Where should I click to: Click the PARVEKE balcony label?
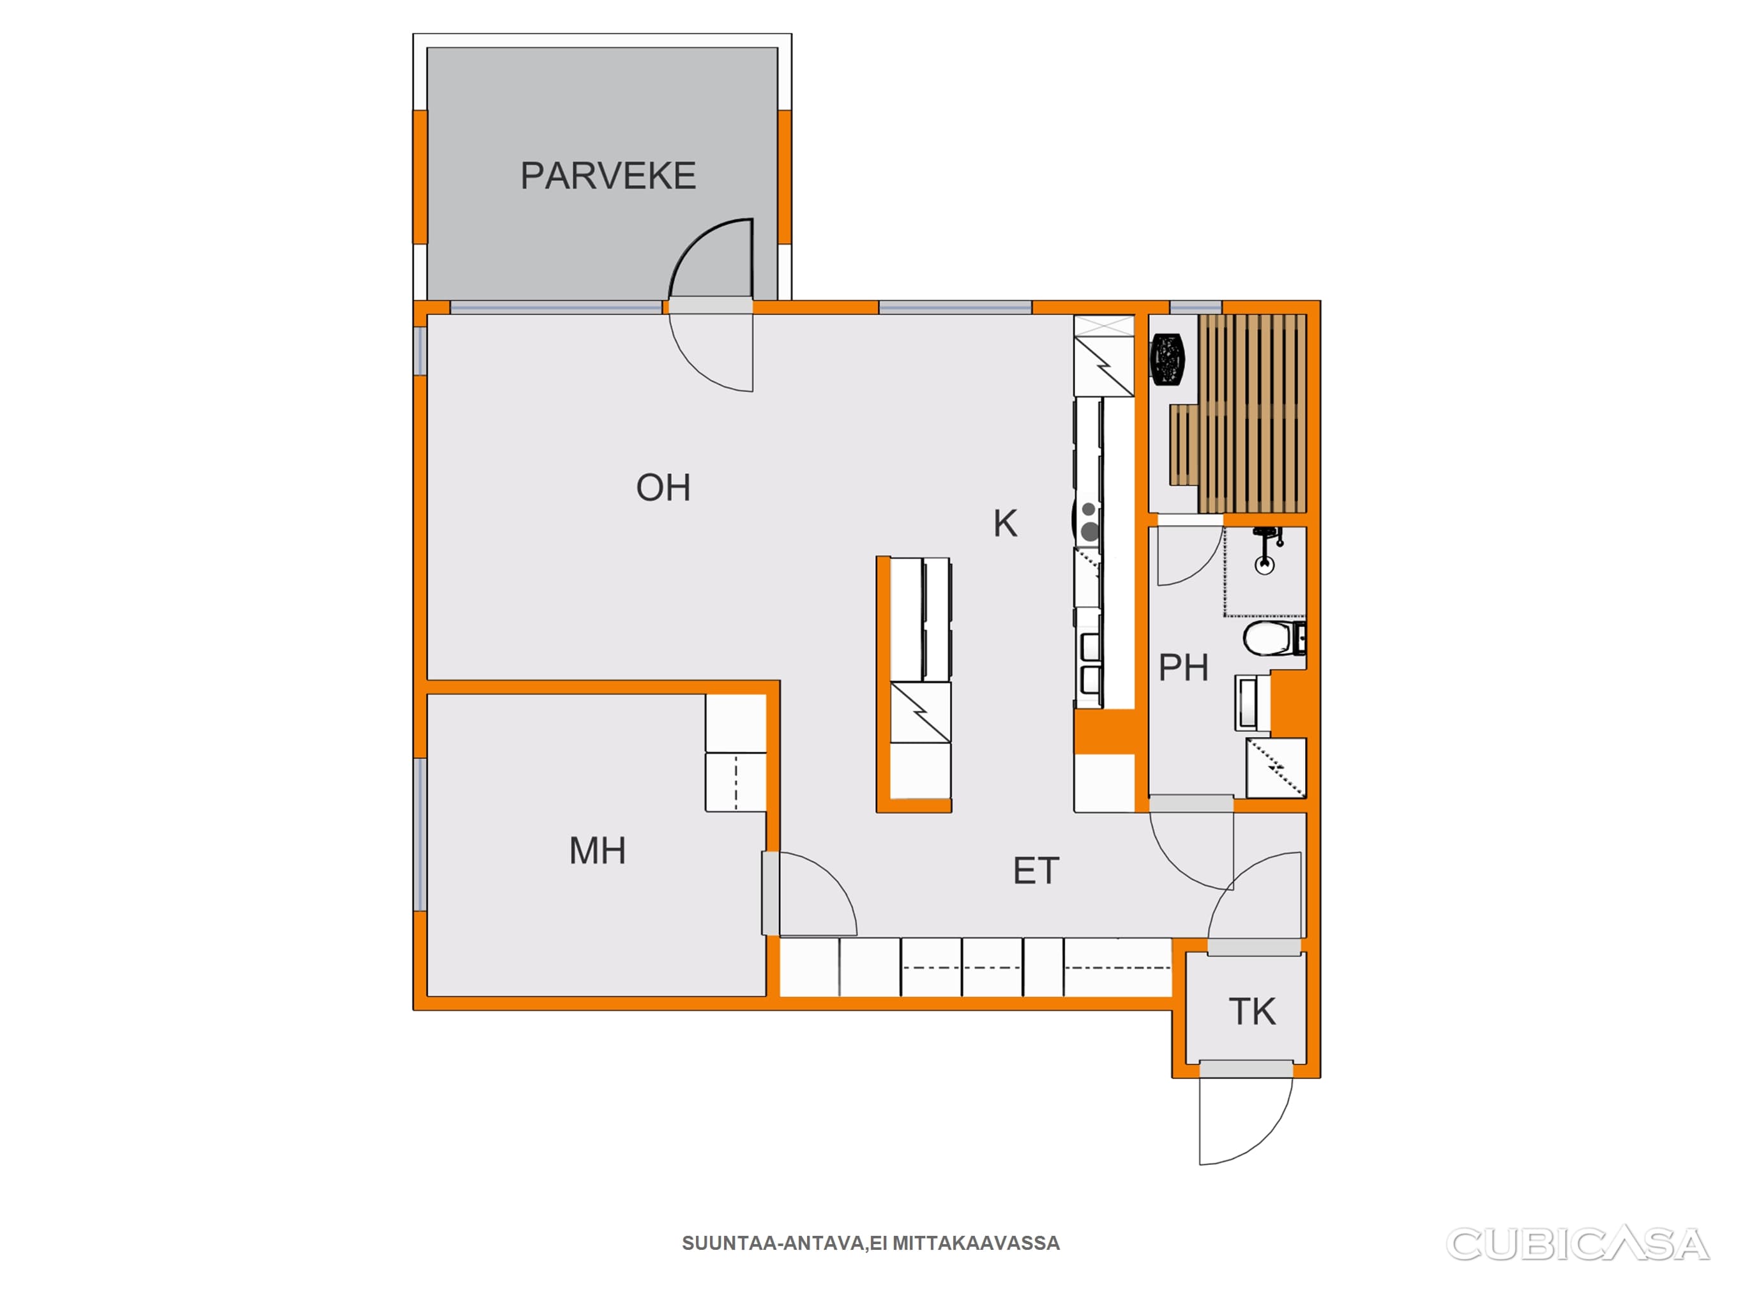608,176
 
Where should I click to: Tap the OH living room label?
663,488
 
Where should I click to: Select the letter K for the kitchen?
1005,524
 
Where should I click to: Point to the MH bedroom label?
598,851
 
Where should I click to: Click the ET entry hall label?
1036,871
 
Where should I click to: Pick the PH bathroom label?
1184,668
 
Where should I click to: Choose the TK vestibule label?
1252,1012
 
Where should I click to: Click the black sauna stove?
1168,360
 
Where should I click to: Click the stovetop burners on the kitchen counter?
1089,521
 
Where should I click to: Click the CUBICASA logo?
1578,1244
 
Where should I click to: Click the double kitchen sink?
1090,662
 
